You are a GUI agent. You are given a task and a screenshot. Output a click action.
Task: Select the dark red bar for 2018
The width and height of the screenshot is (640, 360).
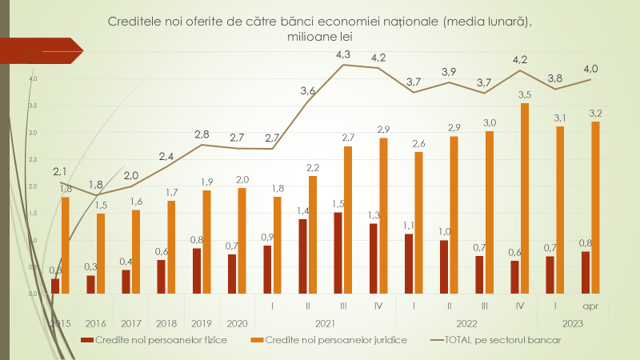161,277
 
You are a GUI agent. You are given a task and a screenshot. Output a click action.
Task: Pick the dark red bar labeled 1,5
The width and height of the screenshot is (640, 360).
338,253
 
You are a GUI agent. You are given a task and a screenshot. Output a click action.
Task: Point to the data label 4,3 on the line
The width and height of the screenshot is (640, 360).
343,54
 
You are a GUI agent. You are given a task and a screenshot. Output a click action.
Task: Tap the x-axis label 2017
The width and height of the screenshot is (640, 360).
131,324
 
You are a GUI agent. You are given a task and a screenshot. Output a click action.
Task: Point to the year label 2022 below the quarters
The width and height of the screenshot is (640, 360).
466,324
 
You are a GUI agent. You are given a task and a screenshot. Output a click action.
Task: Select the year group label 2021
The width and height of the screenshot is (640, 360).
326,324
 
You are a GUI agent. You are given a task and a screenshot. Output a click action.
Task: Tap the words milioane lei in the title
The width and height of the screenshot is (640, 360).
319,37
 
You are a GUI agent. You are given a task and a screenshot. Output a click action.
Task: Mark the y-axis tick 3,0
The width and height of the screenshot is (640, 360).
33,132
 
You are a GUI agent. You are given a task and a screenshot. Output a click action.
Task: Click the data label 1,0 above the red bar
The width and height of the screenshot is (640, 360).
446,231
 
